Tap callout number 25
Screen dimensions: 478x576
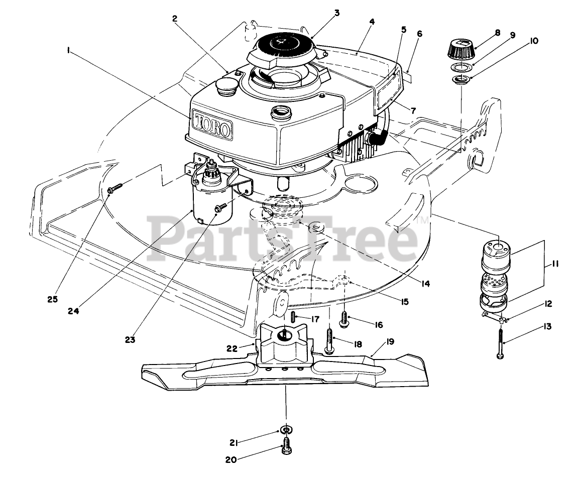(53, 299)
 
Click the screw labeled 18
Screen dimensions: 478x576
(329, 340)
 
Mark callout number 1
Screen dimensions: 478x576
(67, 50)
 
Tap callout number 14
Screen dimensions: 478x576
(425, 283)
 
